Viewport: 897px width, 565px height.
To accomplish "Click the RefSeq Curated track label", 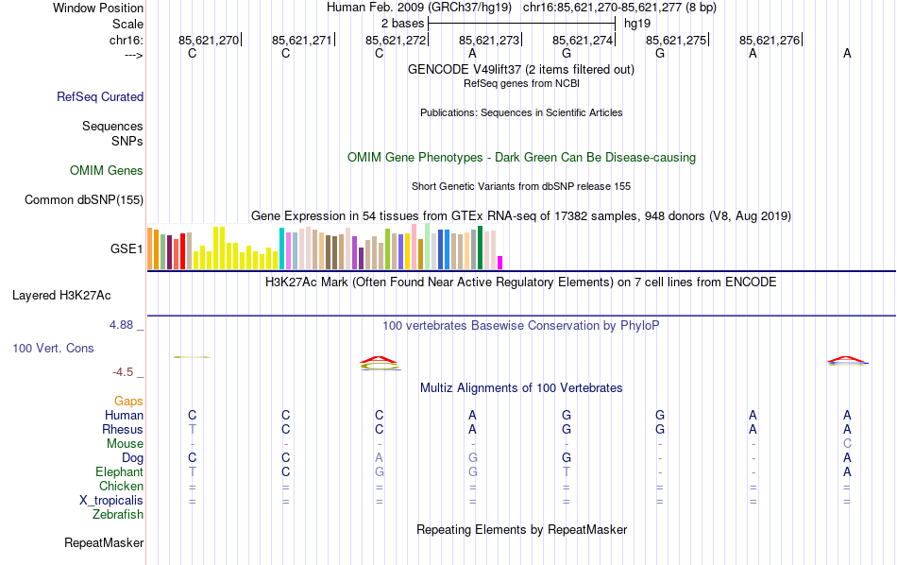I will (100, 96).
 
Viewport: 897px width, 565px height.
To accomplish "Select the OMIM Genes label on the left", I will (107, 171).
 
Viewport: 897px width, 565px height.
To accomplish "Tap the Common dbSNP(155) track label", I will (84, 199).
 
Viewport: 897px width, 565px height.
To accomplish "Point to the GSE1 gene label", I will (127, 249).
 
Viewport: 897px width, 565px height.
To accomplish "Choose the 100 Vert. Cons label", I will (53, 349).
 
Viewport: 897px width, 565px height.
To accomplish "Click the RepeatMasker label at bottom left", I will (104, 543).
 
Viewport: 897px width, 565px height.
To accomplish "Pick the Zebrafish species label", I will (118, 515).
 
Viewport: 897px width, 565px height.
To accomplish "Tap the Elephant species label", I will (119, 472).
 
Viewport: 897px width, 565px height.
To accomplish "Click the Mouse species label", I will (125, 444).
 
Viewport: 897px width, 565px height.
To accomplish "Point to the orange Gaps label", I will (128, 402).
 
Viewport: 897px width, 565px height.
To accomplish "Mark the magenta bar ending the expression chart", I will (500, 263).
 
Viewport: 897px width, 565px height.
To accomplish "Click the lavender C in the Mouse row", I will (847, 444).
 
